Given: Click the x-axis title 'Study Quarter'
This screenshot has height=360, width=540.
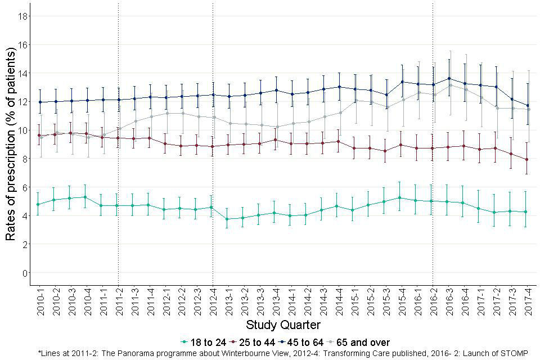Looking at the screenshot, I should [x=283, y=325].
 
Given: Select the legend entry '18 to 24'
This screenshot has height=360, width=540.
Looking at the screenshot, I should [x=203, y=342].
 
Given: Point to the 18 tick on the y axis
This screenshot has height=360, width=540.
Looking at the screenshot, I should [x=23, y=16].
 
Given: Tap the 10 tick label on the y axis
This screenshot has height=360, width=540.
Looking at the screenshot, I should [x=22, y=130].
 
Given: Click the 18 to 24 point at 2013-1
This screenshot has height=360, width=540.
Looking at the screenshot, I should [x=228, y=219].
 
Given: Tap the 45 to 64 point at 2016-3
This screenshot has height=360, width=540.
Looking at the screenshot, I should [x=449, y=79].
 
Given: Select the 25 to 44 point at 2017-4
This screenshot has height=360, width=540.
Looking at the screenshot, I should [x=528, y=159].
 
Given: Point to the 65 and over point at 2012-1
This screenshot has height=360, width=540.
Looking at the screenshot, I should [x=166, y=113].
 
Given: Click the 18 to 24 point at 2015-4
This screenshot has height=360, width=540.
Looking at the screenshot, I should [x=402, y=198].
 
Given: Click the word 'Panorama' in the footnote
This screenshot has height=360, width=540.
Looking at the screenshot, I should [x=120, y=353].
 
